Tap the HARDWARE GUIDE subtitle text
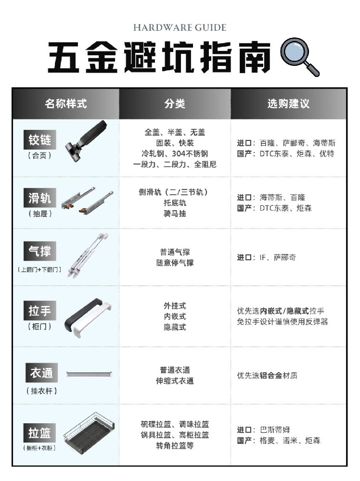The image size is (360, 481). (180, 27)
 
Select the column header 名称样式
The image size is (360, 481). (66, 103)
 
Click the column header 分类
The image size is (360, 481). (175, 103)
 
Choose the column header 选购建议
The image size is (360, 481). (288, 103)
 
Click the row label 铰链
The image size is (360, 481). (39, 141)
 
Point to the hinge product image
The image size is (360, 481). (86, 140)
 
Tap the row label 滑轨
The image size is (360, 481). (39, 198)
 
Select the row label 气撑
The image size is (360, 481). (39, 251)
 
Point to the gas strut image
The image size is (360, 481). (88, 255)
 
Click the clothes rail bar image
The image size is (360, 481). (90, 374)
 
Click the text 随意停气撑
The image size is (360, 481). (175, 263)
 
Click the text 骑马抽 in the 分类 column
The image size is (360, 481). (175, 214)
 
